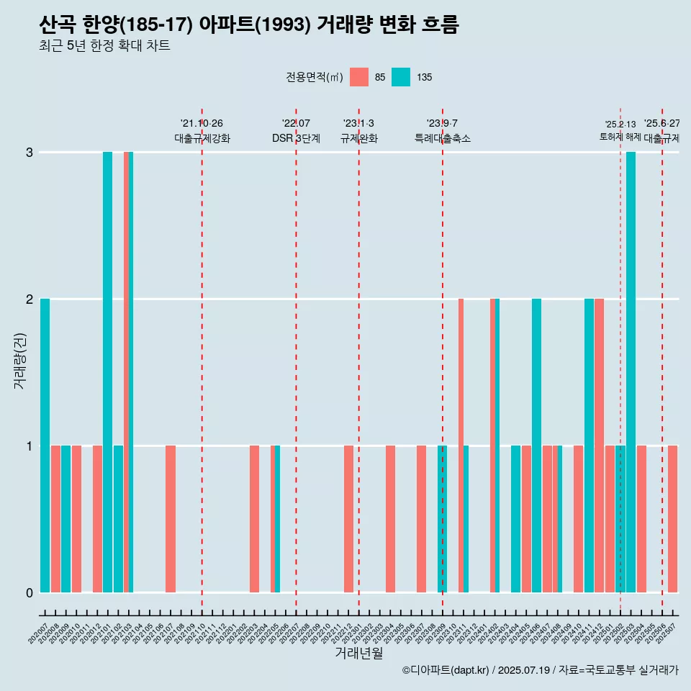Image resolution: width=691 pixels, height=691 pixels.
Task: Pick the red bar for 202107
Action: pos(171,518)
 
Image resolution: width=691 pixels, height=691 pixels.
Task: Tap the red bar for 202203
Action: pos(254,518)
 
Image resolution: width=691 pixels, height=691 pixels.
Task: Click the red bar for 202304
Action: pos(390,518)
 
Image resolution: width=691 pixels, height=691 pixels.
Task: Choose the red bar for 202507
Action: pos(672,518)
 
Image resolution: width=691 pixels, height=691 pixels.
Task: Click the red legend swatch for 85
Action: pos(359,77)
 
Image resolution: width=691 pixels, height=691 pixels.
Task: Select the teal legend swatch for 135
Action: pos(401,77)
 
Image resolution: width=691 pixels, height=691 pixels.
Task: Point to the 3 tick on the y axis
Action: pos(30,153)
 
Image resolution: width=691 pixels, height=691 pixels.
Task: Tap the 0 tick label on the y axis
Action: pos(30,592)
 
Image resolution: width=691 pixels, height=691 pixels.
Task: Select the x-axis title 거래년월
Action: pos(358,653)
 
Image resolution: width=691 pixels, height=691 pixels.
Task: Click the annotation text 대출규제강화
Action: pos(202,138)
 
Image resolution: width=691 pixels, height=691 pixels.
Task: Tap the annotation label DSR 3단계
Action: pos(296,138)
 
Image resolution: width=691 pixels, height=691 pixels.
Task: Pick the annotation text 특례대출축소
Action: pos(443,138)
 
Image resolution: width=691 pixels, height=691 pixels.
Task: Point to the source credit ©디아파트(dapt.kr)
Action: pos(446,670)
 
